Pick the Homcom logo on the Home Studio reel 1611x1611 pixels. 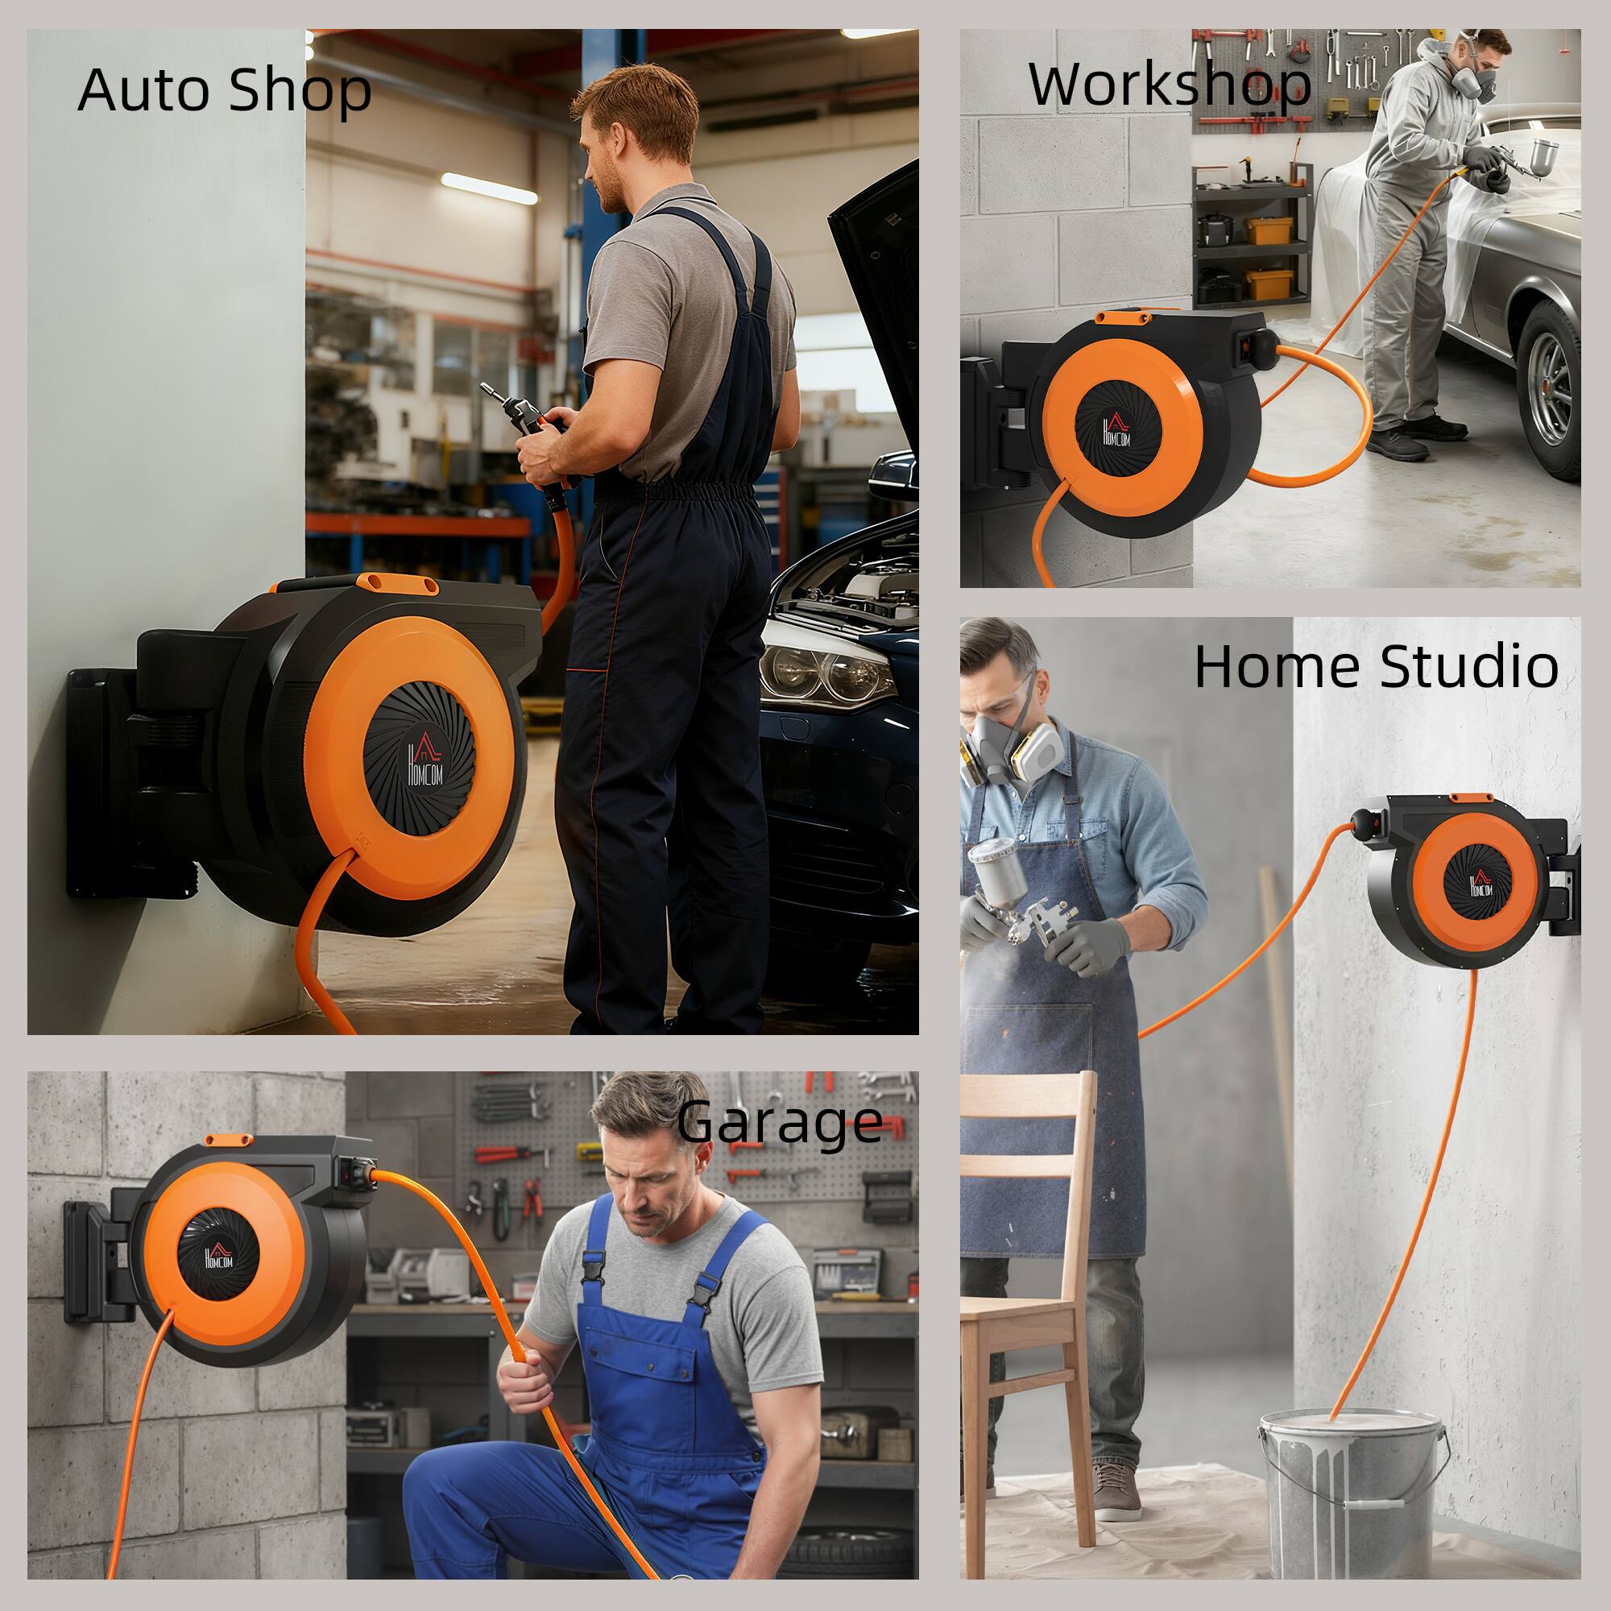(x=1479, y=887)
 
